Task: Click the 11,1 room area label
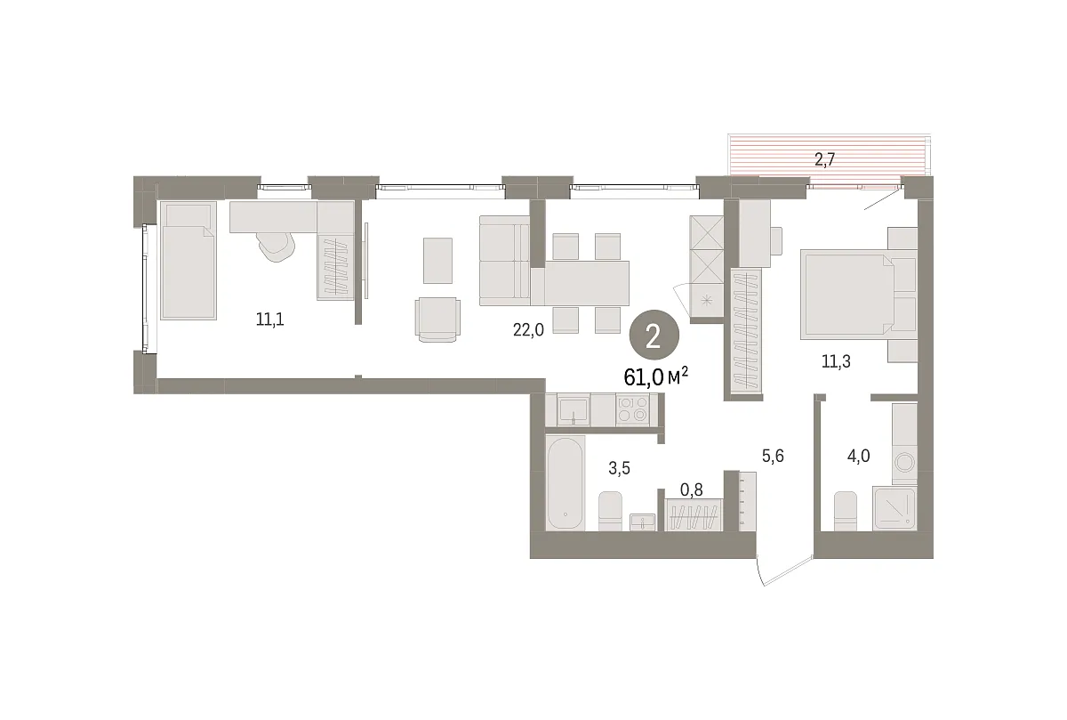click(270, 319)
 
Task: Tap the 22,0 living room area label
click(528, 329)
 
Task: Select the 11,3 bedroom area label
click(836, 362)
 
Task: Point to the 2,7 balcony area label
click(824, 159)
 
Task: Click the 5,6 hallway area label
click(773, 457)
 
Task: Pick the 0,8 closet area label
click(691, 489)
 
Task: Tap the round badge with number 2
click(654, 337)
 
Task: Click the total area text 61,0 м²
click(655, 377)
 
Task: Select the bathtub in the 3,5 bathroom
click(566, 482)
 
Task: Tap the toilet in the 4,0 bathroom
click(846, 511)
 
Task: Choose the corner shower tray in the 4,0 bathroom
click(895, 508)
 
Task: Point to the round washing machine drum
click(904, 462)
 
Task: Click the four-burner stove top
click(632, 409)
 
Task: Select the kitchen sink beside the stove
click(574, 410)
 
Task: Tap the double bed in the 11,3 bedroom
click(858, 295)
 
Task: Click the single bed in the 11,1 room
click(189, 261)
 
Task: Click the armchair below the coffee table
click(437, 320)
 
